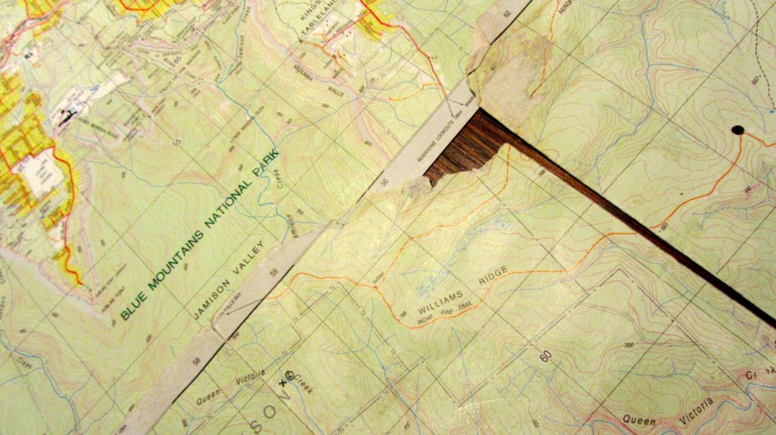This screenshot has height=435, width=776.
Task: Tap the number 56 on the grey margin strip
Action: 384,182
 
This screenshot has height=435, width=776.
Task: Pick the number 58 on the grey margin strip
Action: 196,361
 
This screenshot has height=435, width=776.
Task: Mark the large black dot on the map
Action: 737,130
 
